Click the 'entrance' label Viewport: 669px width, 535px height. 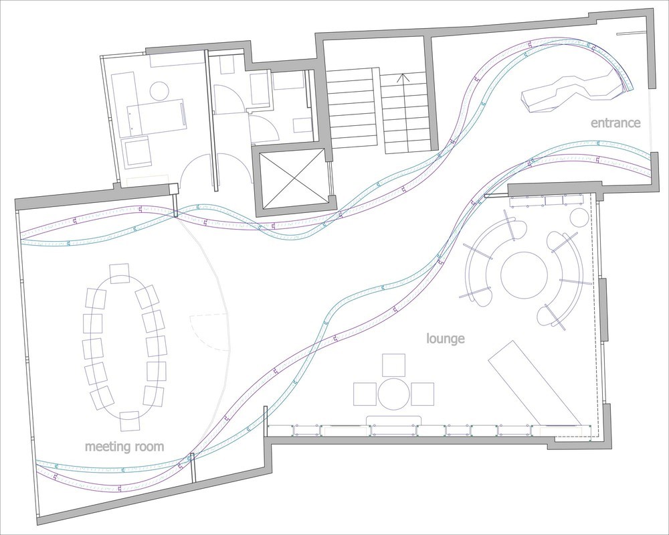615,123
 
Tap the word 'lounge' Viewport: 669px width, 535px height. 446,339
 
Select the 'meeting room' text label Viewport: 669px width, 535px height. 124,447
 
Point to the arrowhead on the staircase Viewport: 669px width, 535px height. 403,78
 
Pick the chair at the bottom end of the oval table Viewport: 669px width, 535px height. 130,421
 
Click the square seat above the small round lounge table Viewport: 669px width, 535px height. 394,365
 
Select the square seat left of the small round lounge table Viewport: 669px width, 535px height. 365,394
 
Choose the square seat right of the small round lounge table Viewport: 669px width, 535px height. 422,394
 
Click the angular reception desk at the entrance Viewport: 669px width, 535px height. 572,92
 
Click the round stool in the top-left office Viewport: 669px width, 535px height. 160,91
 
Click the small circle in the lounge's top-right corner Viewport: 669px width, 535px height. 579,218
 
